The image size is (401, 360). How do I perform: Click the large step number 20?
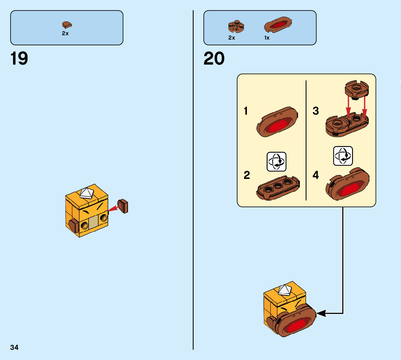214,59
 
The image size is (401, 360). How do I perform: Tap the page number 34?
15,347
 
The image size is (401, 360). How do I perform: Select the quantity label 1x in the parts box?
267,38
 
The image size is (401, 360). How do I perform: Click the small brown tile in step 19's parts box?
66,25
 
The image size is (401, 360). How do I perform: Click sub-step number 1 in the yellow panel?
246,111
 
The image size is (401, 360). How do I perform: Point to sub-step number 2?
247,175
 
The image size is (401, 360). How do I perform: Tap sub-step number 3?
316,111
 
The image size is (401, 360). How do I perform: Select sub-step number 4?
316,175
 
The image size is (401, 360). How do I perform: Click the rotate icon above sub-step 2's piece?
277,162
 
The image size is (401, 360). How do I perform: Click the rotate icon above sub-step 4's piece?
343,156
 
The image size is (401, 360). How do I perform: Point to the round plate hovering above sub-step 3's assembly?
357,88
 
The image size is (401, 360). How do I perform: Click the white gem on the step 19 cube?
87,193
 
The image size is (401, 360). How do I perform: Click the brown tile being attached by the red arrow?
123,206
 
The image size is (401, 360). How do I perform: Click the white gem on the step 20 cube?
285,289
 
